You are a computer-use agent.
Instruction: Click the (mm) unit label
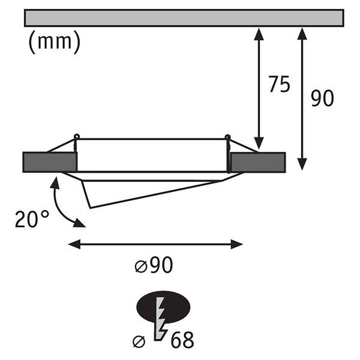pyautogui.click(x=55, y=42)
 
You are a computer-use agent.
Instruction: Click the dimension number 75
pyautogui.click(x=280, y=84)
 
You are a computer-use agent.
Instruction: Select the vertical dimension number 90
pyautogui.click(x=322, y=98)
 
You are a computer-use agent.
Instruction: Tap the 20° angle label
pyautogui.click(x=32, y=219)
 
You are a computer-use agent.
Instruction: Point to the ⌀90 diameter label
pyautogui.click(x=154, y=265)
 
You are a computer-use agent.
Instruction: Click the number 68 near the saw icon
pyautogui.click(x=182, y=340)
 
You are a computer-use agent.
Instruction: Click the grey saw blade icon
pyautogui.click(x=160, y=319)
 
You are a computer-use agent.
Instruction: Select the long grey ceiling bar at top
pyautogui.click(x=184, y=18)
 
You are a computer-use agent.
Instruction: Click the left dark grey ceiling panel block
pyautogui.click(x=50, y=162)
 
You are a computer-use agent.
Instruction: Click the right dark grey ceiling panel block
pyautogui.click(x=258, y=163)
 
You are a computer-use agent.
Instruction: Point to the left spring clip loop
pyautogui.click(x=76, y=136)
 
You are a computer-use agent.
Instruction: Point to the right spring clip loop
pyautogui.click(x=228, y=137)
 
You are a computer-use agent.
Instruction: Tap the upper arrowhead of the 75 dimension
pyautogui.click(x=259, y=34)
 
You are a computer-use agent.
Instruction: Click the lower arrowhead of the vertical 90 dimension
pyautogui.click(x=302, y=164)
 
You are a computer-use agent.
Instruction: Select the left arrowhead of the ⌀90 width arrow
pyautogui.click(x=74, y=244)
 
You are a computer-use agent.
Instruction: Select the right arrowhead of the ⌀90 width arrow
pyautogui.click(x=237, y=244)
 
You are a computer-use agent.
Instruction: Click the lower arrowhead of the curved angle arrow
pyautogui.click(x=79, y=223)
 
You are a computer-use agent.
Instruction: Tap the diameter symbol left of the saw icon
pyautogui.click(x=139, y=342)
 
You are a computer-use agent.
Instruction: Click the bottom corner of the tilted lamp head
pyautogui.click(x=91, y=208)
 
